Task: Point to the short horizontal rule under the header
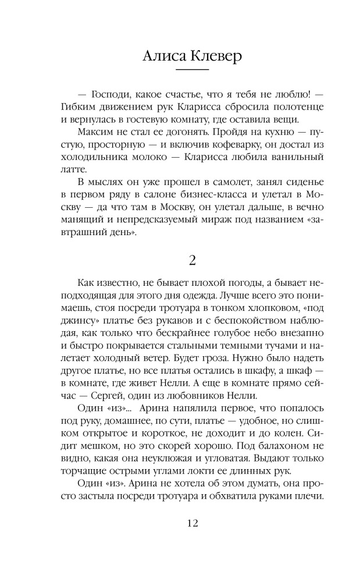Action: tap(192, 70)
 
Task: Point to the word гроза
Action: tap(223, 343)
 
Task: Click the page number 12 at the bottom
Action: tap(192, 523)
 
